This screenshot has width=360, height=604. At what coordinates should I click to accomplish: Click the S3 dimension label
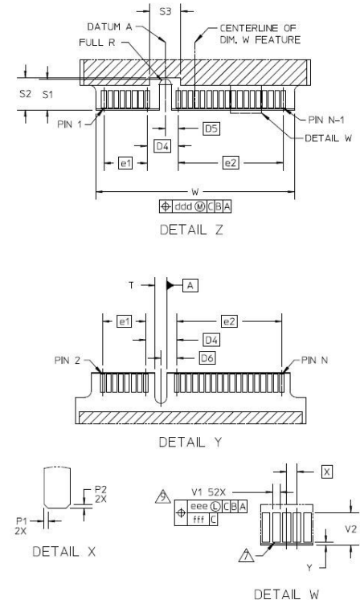(166, 12)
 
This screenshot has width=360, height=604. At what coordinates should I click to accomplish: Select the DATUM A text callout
(110, 27)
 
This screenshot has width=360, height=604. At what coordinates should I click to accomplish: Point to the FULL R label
(97, 43)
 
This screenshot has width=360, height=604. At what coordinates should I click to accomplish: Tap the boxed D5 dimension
(211, 129)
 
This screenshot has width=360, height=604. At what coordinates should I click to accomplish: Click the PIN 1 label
(70, 124)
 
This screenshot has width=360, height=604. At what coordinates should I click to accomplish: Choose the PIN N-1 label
(326, 120)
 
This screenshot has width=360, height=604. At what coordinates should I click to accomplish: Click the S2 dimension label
(25, 94)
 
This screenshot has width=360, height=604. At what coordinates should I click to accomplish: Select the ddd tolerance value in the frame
(183, 207)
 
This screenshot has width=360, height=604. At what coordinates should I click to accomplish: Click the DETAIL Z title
(191, 230)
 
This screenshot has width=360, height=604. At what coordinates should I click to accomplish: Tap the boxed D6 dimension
(207, 358)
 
